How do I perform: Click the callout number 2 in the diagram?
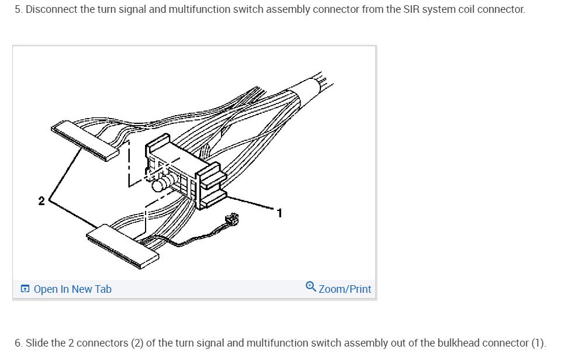coord(42,201)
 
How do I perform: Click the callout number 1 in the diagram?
coord(279,213)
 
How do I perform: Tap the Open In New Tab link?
coord(72,289)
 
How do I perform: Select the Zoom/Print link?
coord(345,289)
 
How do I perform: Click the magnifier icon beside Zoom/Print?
coord(311,287)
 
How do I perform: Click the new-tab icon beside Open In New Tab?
coord(25,289)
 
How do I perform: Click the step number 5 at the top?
coord(18,10)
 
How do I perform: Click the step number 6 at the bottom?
coord(18,342)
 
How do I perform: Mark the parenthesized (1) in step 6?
coord(537,342)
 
